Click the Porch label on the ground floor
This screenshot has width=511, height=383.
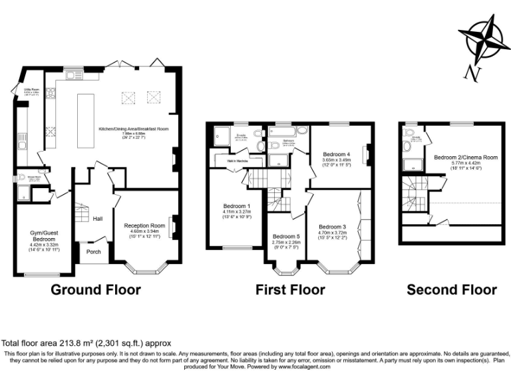click(94, 251)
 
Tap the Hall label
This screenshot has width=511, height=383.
click(98, 218)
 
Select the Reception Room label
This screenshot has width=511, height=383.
click(144, 226)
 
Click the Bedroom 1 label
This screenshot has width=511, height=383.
click(237, 206)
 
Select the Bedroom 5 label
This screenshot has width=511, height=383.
click(286, 236)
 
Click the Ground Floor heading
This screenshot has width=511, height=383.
click(96, 290)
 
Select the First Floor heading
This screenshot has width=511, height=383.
click(291, 290)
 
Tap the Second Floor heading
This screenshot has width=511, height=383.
click(451, 290)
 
